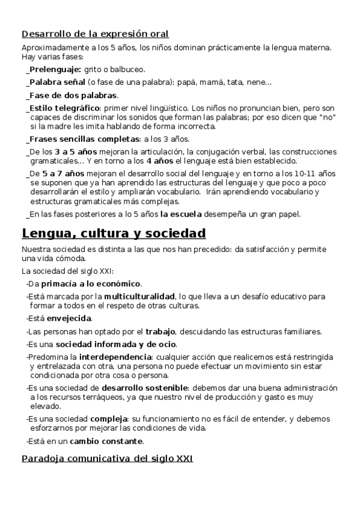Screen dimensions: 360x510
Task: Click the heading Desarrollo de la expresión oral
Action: click(x=95, y=34)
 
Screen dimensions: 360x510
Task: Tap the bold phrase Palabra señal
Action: click(x=57, y=82)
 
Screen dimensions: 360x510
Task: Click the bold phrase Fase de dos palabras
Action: click(x=73, y=95)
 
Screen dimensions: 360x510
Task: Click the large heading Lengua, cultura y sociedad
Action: click(x=114, y=233)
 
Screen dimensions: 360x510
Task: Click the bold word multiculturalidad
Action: click(x=139, y=296)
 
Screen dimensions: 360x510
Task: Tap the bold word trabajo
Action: click(x=160, y=331)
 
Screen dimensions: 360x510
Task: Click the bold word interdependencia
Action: click(x=116, y=357)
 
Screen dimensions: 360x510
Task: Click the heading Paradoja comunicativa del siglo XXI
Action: click(x=107, y=459)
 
